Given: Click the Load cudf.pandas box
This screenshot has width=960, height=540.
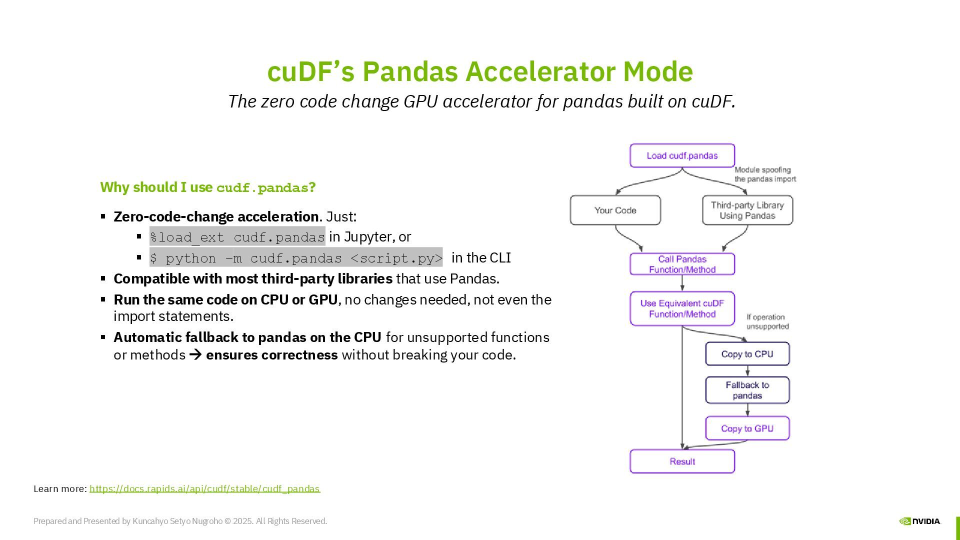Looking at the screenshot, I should (x=682, y=155).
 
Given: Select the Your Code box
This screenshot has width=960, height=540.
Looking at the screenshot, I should (x=615, y=210).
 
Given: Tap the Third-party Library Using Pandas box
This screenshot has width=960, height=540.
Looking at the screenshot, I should (x=747, y=210).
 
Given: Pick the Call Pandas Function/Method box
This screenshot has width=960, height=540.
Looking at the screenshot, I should (x=682, y=264).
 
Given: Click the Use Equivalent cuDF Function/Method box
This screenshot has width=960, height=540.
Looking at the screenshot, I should (x=682, y=308).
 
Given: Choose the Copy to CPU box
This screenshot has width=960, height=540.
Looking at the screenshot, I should (x=747, y=354).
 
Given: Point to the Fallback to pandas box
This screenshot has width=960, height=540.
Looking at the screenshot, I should (x=747, y=390).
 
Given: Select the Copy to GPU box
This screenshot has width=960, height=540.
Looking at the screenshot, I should (x=747, y=428).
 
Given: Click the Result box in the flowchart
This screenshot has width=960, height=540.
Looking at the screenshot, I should (x=682, y=461).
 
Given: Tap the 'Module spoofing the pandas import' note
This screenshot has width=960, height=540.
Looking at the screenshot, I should (x=764, y=174).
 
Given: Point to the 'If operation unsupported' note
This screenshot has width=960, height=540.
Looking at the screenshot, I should (x=767, y=321).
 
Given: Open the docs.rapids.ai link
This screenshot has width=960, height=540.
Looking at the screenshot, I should (x=204, y=488).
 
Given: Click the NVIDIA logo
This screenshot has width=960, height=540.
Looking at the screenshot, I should (x=919, y=521).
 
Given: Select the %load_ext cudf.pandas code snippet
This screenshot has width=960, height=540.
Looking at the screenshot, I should (x=237, y=236).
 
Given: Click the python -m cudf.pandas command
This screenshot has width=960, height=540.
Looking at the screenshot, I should (x=296, y=258).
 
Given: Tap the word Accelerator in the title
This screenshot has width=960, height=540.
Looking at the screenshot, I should (x=540, y=71).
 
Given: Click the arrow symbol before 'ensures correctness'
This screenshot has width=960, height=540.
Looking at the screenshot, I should (x=195, y=355).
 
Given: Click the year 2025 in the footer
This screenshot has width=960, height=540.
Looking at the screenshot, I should (x=242, y=521).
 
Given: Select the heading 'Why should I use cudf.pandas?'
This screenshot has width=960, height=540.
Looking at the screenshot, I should (x=208, y=187).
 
